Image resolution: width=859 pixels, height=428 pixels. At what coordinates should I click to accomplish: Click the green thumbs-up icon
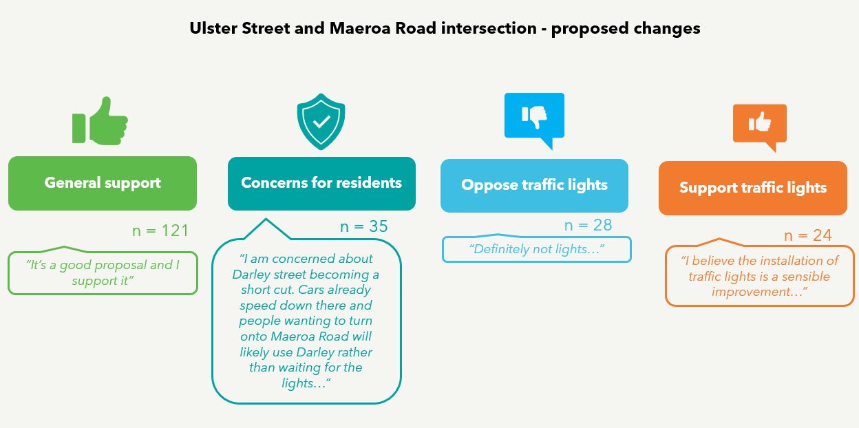pyautogui.click(x=100, y=122)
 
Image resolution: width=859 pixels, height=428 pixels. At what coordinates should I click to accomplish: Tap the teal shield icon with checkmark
pyautogui.click(x=321, y=122)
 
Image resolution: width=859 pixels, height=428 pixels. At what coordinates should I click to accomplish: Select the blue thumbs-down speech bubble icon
pyautogui.click(x=534, y=119)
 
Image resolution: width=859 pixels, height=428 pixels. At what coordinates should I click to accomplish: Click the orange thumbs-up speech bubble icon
pyautogui.click(x=759, y=126)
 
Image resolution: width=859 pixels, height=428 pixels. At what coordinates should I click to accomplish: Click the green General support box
pyautogui.click(x=103, y=183)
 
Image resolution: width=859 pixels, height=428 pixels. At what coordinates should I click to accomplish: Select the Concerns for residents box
pyautogui.click(x=321, y=183)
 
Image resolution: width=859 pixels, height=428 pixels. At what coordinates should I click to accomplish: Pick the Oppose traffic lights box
pyautogui.click(x=534, y=185)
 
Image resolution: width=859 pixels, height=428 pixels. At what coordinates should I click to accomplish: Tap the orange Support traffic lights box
pyautogui.click(x=752, y=188)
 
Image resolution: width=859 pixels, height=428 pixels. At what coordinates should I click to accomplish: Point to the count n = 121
pyautogui.click(x=160, y=231)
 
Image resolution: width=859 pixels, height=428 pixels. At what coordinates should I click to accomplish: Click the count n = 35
pyautogui.click(x=364, y=226)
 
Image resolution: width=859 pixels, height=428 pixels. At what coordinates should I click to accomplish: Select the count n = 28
pyautogui.click(x=588, y=225)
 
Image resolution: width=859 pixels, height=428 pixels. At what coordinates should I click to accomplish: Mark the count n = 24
pyautogui.click(x=808, y=235)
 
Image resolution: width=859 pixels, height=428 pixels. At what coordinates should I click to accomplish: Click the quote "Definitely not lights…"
pyautogui.click(x=536, y=249)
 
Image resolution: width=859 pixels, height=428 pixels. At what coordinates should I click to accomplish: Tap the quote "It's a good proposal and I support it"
pyautogui.click(x=103, y=273)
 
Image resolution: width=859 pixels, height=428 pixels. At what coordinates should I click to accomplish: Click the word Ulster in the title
pyautogui.click(x=213, y=29)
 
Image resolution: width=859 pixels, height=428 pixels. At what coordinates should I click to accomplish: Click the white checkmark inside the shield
pyautogui.click(x=321, y=122)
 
